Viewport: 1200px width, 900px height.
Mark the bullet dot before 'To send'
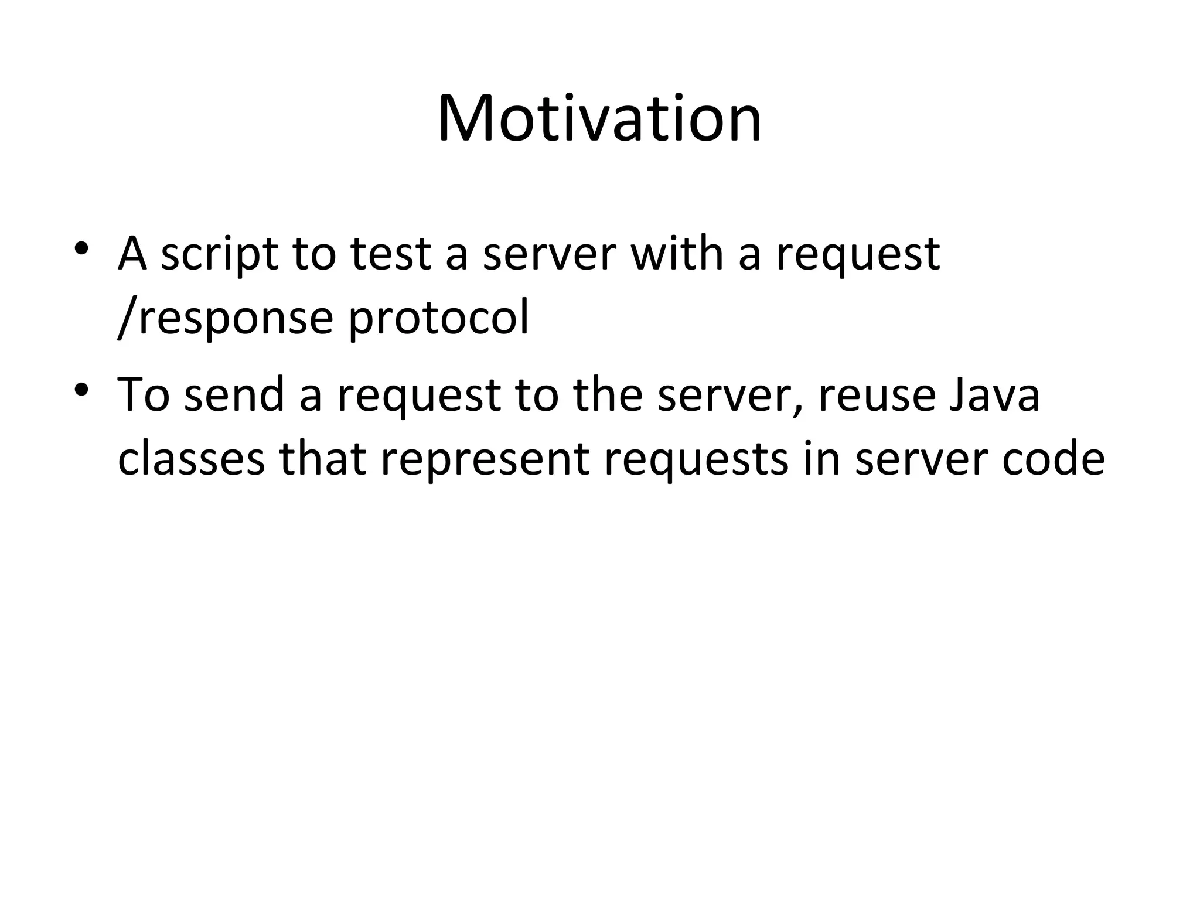(x=81, y=388)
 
